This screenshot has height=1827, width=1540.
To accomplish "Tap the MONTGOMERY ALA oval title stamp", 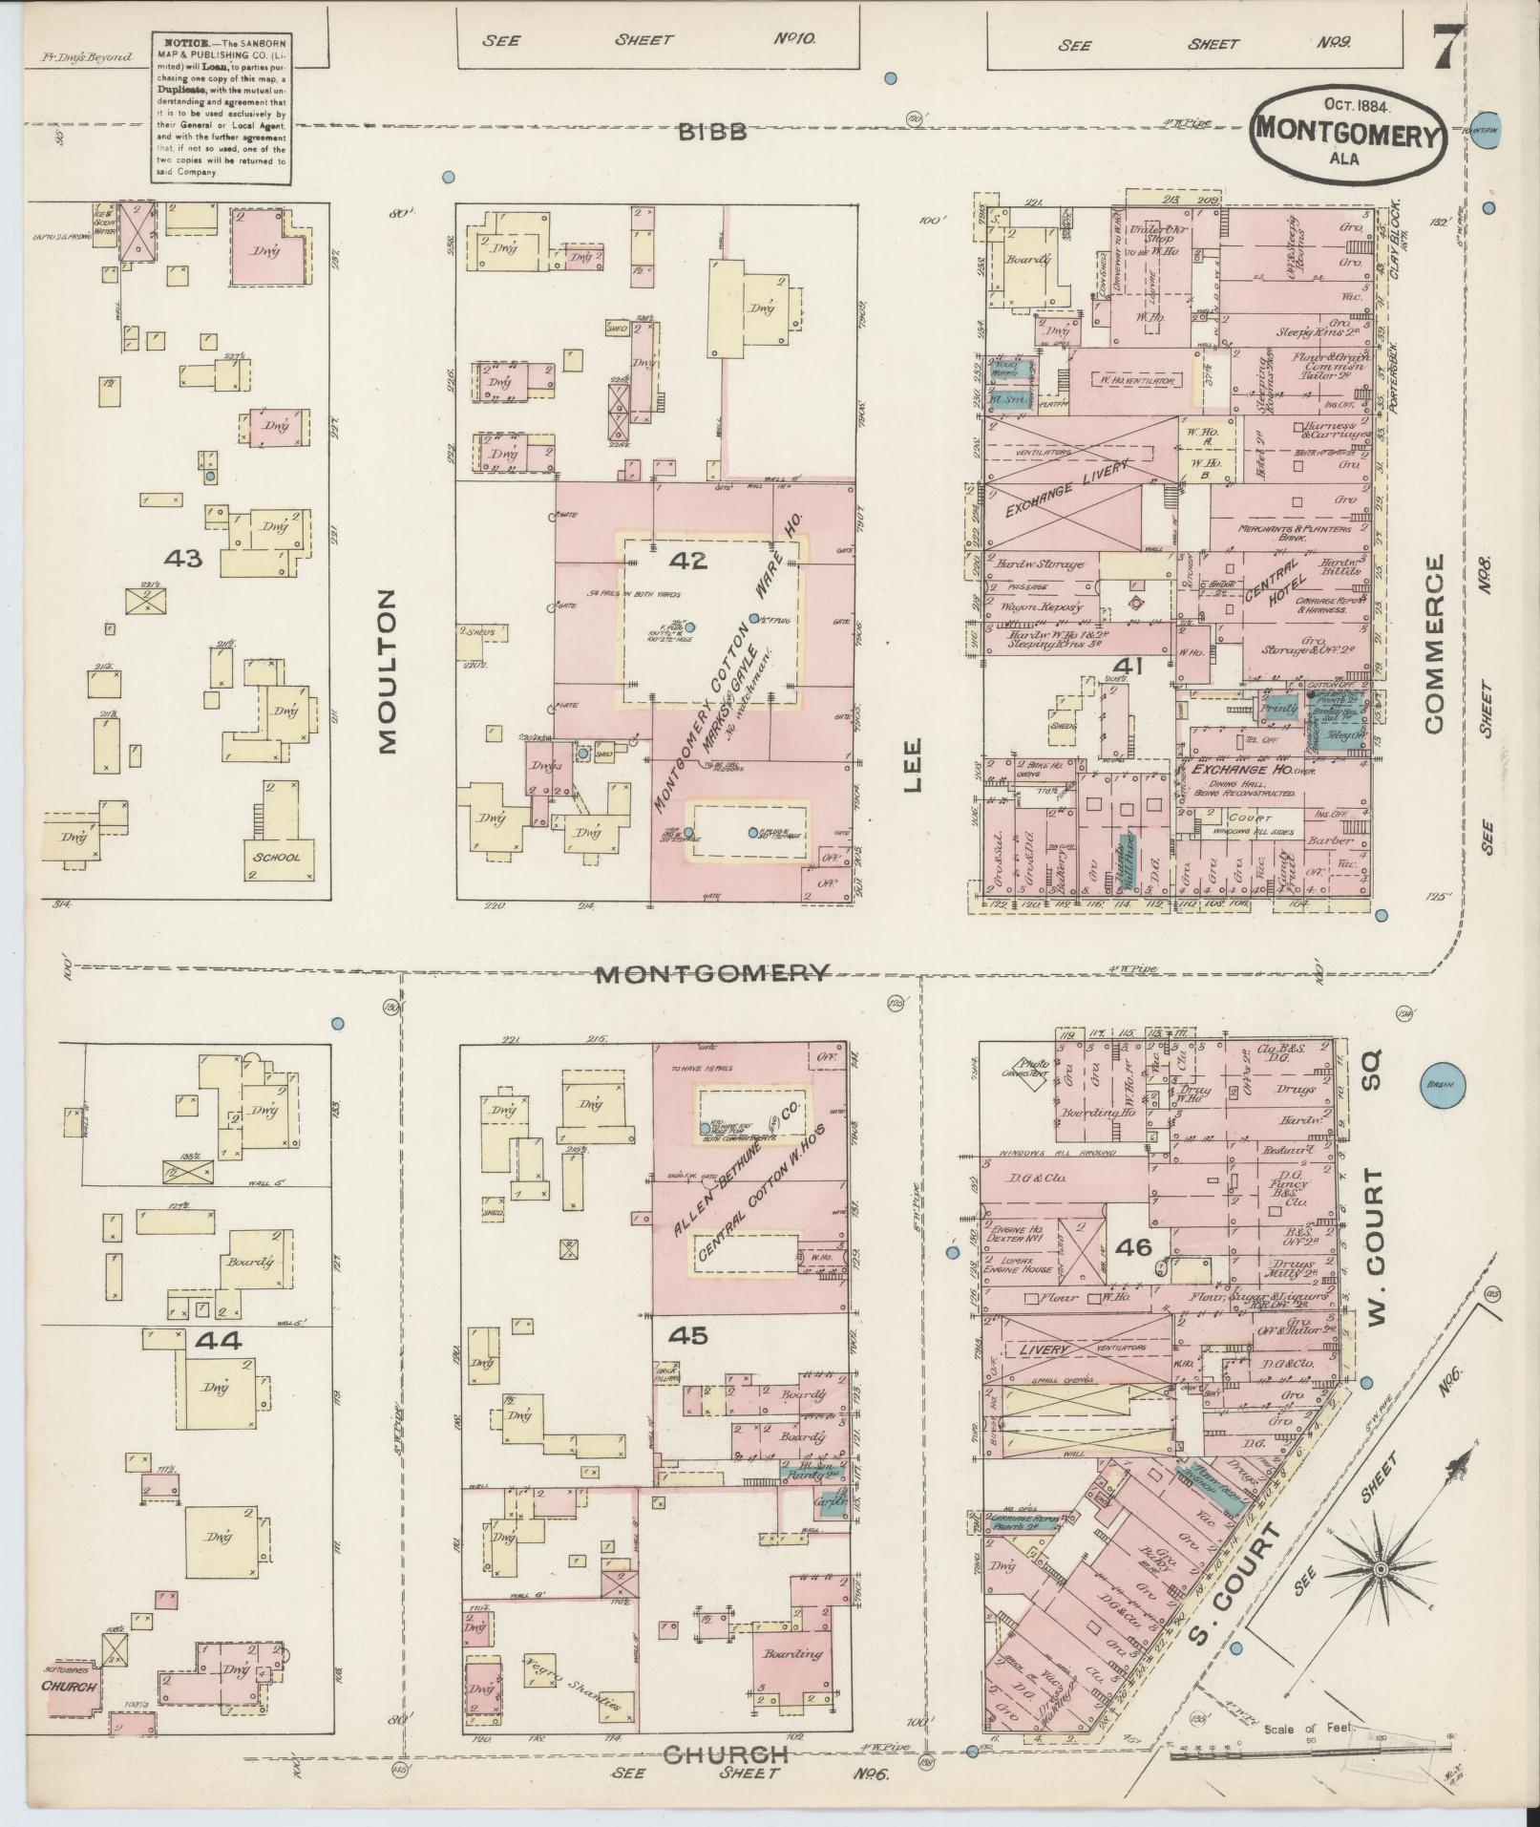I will pyautogui.click(x=1347, y=135).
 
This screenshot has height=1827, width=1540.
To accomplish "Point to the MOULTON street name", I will pyautogui.click(x=386, y=671).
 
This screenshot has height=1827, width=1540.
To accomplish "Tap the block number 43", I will pyautogui.click(x=182, y=559).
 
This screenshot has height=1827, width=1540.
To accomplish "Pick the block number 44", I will pyautogui.click(x=219, y=1341).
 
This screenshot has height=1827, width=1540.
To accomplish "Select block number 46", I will pyautogui.click(x=1133, y=1247).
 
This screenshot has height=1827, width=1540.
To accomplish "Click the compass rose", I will pyautogui.click(x=1380, y=1571).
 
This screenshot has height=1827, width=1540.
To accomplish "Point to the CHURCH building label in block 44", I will pyautogui.click(x=68, y=1687).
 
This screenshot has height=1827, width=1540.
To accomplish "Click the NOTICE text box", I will pyautogui.click(x=220, y=107).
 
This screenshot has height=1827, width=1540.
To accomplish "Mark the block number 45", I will pyautogui.click(x=688, y=1336).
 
